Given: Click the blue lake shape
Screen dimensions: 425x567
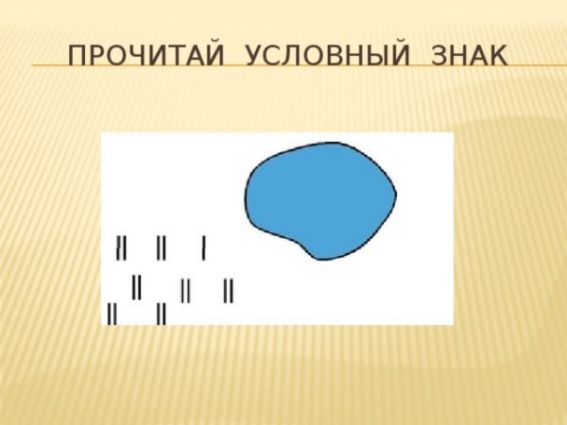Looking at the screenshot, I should click(x=319, y=198).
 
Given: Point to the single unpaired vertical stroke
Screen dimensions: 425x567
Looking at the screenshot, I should click(x=204, y=248).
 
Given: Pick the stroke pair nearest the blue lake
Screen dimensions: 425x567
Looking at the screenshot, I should click(x=228, y=290).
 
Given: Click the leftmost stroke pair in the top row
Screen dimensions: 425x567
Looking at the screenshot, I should click(x=121, y=247).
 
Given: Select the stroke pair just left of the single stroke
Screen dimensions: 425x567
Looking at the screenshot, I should click(x=162, y=248).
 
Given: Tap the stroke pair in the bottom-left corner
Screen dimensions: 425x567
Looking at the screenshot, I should click(x=112, y=313).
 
